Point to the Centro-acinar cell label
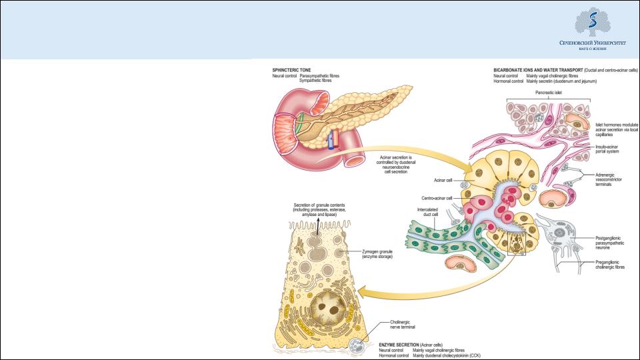pyautogui.click(x=438, y=198)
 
